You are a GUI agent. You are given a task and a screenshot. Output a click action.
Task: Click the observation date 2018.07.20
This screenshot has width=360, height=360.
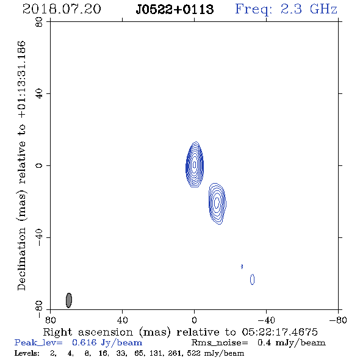[62, 9]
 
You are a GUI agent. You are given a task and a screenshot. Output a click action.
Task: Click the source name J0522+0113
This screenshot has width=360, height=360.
[175, 10]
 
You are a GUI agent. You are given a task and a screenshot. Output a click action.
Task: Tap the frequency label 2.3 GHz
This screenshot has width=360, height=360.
[309, 9]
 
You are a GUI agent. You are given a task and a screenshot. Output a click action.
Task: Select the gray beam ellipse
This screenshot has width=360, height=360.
[69, 300]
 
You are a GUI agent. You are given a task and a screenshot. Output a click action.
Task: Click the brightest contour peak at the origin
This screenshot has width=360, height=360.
[195, 165]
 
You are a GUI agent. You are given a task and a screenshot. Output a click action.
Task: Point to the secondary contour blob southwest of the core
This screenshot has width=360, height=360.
[217, 203]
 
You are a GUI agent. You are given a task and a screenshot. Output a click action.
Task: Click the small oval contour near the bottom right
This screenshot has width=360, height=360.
[253, 279]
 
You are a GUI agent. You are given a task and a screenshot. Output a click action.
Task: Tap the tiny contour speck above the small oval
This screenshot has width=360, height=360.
[242, 266]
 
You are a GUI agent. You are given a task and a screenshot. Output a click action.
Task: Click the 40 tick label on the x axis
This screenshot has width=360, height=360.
[122, 320]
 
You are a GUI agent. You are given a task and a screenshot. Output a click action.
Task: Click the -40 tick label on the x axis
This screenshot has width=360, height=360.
[266, 320]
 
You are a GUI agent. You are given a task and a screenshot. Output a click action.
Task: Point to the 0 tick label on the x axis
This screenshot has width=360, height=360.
[194, 320]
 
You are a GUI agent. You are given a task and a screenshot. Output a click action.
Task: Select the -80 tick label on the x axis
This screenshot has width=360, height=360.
[338, 320]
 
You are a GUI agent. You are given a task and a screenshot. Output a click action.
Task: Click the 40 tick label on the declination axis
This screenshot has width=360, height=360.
[39, 94]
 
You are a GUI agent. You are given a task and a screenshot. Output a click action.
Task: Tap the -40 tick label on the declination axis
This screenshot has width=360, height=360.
[39, 237]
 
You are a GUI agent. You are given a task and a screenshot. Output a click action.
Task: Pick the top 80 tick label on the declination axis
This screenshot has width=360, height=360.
[39, 22]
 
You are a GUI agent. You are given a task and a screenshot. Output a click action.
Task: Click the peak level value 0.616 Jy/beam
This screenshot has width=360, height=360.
[107, 342]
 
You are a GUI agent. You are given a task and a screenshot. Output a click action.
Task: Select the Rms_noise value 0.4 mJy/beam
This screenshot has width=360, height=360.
[291, 342]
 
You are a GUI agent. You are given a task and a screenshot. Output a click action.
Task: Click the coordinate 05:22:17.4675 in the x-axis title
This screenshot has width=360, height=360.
[279, 332]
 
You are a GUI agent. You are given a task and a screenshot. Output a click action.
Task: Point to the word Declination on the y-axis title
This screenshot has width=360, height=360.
[21, 259]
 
